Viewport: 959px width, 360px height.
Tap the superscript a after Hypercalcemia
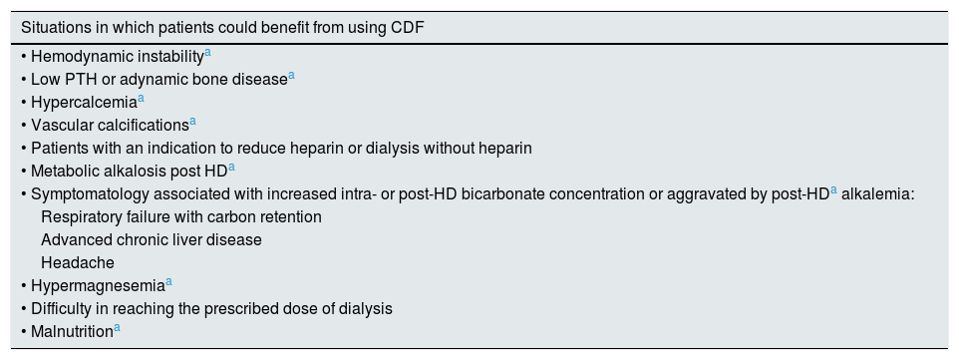click(141, 98)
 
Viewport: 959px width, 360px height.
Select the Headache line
click(78, 263)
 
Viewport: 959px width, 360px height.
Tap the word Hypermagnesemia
click(98, 286)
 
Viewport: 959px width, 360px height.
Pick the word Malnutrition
click(72, 332)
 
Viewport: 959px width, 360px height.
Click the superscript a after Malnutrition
click(117, 328)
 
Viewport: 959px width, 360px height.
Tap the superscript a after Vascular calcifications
click(192, 122)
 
